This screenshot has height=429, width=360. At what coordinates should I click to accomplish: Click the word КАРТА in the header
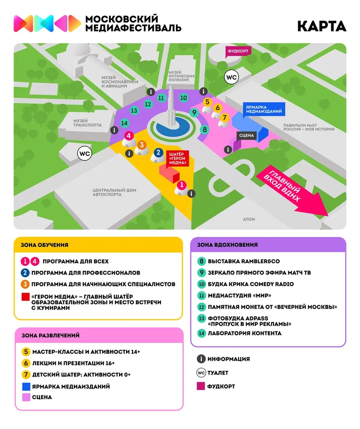coord(322,26)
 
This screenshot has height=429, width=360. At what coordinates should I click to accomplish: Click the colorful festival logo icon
coord(47,23)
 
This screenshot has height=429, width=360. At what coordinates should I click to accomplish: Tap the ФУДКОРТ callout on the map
coord(239,51)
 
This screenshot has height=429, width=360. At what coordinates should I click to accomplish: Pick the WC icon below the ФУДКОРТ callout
coord(231,77)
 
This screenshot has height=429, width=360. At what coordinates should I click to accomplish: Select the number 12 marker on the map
coord(148,104)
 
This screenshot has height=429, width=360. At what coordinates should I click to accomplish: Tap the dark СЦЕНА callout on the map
coord(246,135)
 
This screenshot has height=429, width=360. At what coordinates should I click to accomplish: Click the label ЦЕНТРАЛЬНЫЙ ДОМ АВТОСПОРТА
coord(114,192)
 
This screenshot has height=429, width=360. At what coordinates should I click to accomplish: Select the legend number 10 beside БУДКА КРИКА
coord(201,284)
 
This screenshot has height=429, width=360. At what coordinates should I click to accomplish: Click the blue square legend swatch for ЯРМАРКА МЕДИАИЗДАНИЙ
coord(26,386)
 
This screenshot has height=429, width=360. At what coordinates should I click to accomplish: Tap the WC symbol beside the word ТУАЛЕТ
coord(201,373)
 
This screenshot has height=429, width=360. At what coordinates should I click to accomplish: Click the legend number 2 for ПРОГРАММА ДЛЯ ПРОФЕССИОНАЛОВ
coord(26,273)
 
